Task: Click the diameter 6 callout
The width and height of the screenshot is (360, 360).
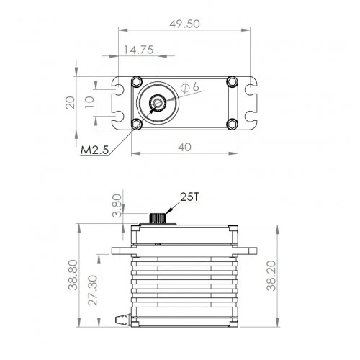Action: pyautogui.click(x=190, y=87)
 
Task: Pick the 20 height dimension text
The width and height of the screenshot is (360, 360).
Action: pyautogui.click(x=70, y=102)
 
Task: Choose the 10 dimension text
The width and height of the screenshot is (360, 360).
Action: pyautogui.click(x=89, y=102)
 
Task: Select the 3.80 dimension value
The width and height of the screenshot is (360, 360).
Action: pyautogui.click(x=118, y=204)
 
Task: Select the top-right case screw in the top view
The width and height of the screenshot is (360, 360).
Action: pyautogui.click(x=231, y=83)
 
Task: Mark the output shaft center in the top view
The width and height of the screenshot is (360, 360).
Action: pyautogui.click(x=157, y=104)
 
